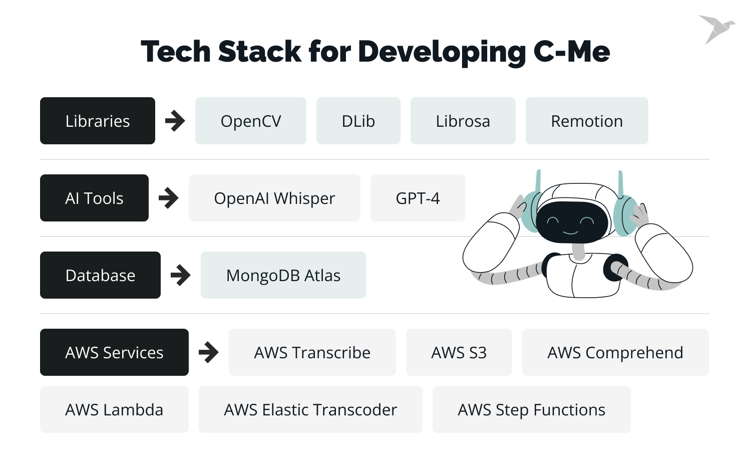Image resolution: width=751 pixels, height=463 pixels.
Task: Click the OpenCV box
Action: (x=250, y=121)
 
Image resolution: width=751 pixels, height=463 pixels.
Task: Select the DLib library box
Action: (x=358, y=121)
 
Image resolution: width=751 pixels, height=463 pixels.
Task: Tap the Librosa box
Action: (x=463, y=121)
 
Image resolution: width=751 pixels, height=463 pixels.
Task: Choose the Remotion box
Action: (x=587, y=121)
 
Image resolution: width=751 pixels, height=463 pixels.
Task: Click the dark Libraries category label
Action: (x=98, y=121)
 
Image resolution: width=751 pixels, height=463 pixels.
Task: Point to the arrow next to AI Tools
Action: (x=169, y=198)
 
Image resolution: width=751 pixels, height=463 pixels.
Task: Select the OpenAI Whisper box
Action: (x=274, y=198)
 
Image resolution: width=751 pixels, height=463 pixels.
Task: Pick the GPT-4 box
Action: (x=418, y=198)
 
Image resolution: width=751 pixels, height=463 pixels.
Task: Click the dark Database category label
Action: (x=100, y=275)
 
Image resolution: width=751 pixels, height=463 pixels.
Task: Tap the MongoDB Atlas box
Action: (x=283, y=275)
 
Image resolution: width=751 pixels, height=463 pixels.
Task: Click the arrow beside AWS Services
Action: (x=209, y=352)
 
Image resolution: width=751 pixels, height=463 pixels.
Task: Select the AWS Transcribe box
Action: (x=312, y=352)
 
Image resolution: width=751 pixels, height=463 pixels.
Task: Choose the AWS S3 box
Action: (x=459, y=352)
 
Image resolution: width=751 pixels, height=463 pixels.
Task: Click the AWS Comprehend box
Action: (x=615, y=352)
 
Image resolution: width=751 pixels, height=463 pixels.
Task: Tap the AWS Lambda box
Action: (x=114, y=409)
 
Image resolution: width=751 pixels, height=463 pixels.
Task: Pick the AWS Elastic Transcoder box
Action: (x=310, y=409)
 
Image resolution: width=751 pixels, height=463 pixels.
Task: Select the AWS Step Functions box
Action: (x=531, y=409)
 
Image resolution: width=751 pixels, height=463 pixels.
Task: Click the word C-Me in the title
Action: (x=572, y=51)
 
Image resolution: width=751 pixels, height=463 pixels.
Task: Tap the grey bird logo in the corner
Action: (x=716, y=29)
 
